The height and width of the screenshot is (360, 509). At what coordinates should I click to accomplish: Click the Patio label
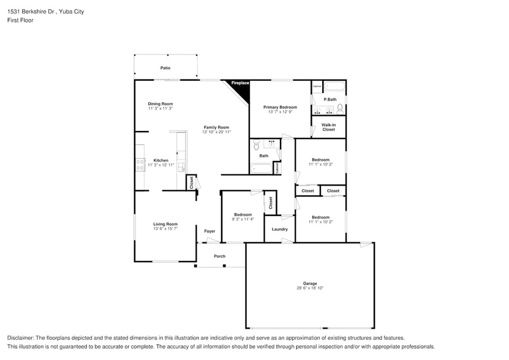tap(165, 68)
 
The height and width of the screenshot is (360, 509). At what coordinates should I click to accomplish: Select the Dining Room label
tap(160, 103)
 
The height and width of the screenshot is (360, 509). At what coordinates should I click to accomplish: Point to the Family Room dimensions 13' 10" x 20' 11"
tap(216, 132)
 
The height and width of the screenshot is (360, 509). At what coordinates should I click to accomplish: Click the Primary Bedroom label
tap(280, 107)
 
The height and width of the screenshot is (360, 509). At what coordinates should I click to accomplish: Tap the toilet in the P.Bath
tap(340, 110)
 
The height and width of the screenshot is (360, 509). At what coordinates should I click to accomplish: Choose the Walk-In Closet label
tap(328, 127)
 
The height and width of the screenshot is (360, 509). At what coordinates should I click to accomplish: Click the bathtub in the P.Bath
tap(334, 86)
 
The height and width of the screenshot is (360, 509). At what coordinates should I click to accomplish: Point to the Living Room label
tap(165, 224)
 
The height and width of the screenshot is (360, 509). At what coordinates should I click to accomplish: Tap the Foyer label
tap(209, 231)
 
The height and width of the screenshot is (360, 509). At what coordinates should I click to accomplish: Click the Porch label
tap(219, 256)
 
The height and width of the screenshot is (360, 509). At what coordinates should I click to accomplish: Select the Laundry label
tap(279, 229)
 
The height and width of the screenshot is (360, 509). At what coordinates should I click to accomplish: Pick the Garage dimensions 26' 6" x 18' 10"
tap(310, 288)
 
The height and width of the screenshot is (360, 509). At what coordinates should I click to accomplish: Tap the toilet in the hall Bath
tap(257, 145)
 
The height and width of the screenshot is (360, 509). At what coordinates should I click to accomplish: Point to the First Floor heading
tap(20, 20)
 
